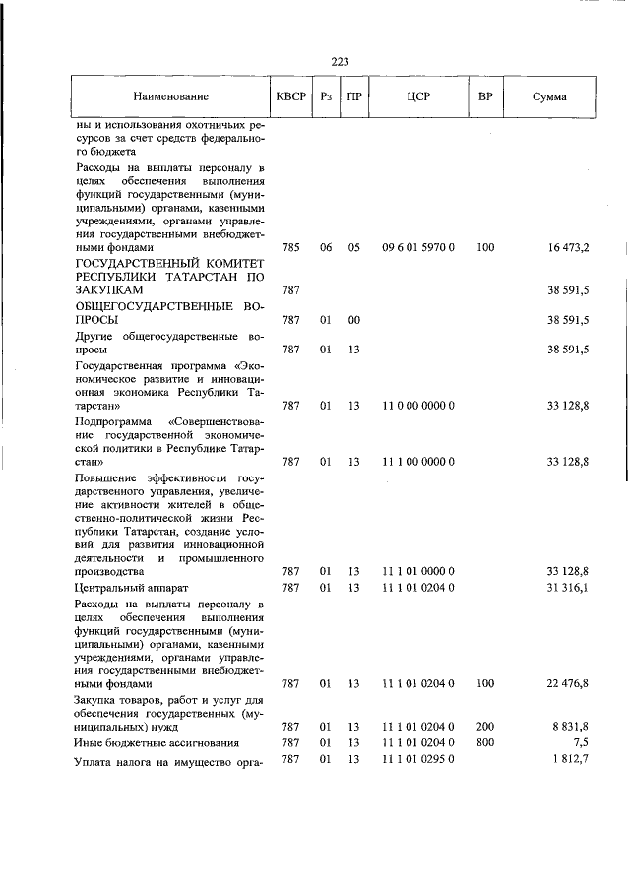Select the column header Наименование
click(x=171, y=97)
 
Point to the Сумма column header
click(x=548, y=97)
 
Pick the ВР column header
click(x=484, y=97)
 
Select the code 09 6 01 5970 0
click(x=416, y=248)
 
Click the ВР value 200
click(x=484, y=725)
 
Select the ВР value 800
click(x=484, y=741)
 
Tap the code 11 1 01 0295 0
click(x=416, y=759)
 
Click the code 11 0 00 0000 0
click(x=416, y=405)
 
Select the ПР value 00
click(x=353, y=320)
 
